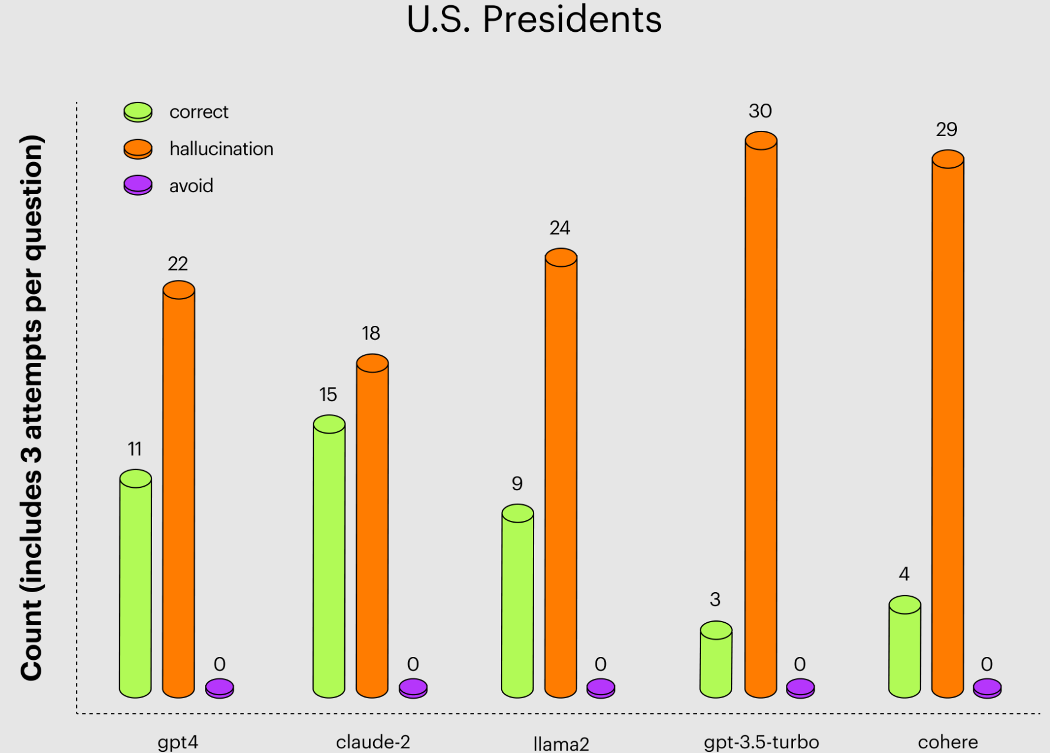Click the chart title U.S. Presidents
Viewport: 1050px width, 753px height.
pyautogui.click(x=534, y=19)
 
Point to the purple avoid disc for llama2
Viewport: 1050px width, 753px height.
pyautogui.click(x=601, y=688)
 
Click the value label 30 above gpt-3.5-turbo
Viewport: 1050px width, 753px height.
pyautogui.click(x=760, y=111)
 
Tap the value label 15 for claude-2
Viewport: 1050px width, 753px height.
pyautogui.click(x=328, y=394)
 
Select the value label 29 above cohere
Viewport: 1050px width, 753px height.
pyautogui.click(x=946, y=130)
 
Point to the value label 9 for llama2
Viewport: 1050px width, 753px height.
pyautogui.click(x=517, y=484)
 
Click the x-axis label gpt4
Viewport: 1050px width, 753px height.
pyautogui.click(x=177, y=742)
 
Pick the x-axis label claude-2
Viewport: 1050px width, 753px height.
pyautogui.click(x=373, y=742)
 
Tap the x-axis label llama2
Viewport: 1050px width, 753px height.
pyautogui.click(x=561, y=744)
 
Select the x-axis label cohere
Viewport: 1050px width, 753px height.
pyautogui.click(x=947, y=742)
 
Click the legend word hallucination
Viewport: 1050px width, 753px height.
pyautogui.click(x=221, y=149)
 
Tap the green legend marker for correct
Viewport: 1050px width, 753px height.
pyautogui.click(x=138, y=112)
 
